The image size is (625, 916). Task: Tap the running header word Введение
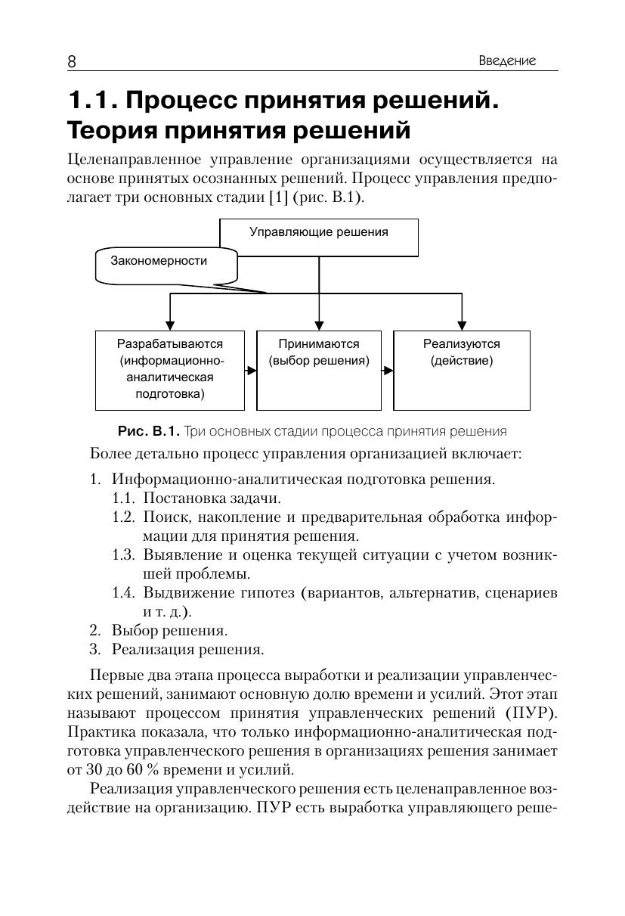(507, 61)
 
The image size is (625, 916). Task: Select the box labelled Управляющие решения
(319, 237)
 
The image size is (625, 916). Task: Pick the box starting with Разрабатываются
(170, 370)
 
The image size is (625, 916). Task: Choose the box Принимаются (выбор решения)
(319, 370)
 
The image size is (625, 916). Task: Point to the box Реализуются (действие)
(462, 370)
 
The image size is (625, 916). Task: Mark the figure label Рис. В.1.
(149, 431)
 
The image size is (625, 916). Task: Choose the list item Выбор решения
(169, 630)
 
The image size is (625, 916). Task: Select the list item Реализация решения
(187, 649)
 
